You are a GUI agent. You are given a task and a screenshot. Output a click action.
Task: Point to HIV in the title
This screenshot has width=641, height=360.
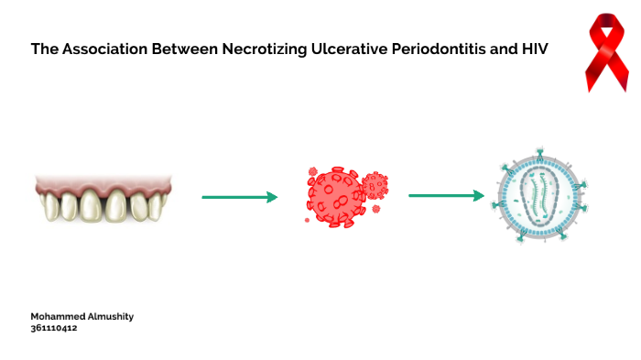click(x=535, y=49)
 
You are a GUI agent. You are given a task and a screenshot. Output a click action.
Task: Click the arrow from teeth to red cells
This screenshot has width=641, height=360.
click(x=239, y=196)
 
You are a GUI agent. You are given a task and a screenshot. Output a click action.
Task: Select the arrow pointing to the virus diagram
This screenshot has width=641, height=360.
click(x=446, y=195)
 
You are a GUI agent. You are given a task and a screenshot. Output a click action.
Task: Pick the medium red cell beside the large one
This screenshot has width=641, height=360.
click(x=375, y=185)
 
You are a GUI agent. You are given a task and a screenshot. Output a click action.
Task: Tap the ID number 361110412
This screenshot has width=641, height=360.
click(x=54, y=327)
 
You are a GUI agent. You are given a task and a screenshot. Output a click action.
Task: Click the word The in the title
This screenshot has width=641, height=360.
click(x=42, y=49)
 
